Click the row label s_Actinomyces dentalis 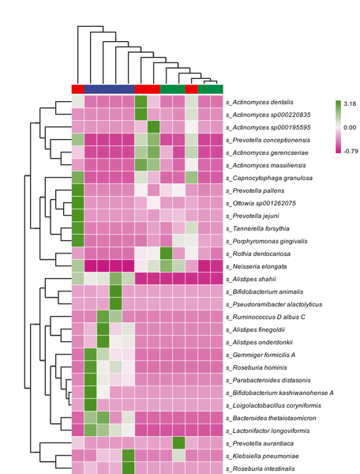coord(260,102)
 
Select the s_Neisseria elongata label coord(256,266)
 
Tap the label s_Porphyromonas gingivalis coord(266,241)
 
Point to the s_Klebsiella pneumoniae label coord(262,456)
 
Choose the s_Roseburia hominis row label coord(256,367)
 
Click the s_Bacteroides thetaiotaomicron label coord(271,418)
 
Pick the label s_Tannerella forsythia coord(257,228)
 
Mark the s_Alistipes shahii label coord(251,279)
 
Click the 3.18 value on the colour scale coord(350,103)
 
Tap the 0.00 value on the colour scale coord(350,127)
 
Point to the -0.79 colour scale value coord(351,151)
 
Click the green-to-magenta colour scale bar coord(338,127)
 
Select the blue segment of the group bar coord(109,89)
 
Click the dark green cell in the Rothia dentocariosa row coord(166,254)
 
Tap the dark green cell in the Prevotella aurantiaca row coord(178,443)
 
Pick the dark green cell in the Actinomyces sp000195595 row coord(153,127)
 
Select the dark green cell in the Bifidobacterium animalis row coord(116,292)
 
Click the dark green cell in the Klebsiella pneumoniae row coord(129,456)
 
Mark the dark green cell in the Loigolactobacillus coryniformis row coord(90,405)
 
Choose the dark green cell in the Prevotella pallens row coord(77,190)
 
